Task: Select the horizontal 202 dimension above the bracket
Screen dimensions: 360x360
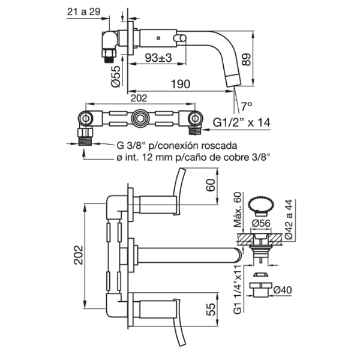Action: (139, 98)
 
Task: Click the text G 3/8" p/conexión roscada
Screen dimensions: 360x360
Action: (177, 145)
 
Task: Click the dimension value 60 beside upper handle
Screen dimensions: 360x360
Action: (210, 185)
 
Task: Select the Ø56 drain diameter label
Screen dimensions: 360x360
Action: (263, 223)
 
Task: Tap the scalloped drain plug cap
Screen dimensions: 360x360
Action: (262, 202)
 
